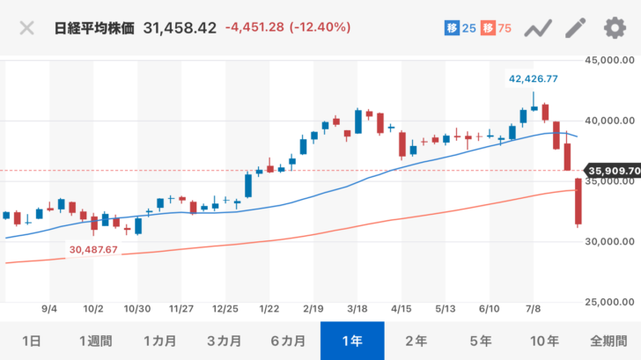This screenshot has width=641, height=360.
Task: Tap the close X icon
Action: [27, 28]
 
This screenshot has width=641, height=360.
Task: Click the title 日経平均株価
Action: [93, 28]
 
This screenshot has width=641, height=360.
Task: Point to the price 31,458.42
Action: [181, 28]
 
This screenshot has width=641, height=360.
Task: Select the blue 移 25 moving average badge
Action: [460, 28]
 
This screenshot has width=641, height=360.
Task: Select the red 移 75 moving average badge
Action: [496, 28]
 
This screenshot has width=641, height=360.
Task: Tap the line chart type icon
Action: [537, 28]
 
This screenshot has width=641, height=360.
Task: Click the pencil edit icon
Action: [575, 28]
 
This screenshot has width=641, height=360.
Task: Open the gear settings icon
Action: [614, 28]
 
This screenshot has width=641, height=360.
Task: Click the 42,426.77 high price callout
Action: [534, 78]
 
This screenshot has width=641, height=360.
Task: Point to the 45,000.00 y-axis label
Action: [611, 61]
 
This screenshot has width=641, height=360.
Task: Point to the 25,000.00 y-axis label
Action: [611, 302]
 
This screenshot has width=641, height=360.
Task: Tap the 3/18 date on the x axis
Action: [357, 310]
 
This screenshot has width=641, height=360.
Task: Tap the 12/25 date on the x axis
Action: [225, 310]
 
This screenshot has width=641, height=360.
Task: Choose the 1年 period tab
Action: [352, 341]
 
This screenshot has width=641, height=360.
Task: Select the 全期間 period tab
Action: [608, 341]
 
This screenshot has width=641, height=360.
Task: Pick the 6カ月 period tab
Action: [288, 341]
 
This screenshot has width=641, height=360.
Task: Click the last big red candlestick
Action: [578, 202]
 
